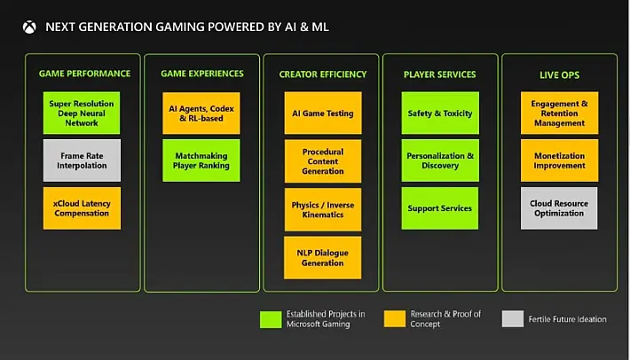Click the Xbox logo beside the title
click(29, 27)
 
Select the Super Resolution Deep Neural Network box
click(82, 113)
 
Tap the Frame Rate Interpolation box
click(82, 160)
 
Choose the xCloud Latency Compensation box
click(82, 208)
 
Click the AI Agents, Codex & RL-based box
click(201, 113)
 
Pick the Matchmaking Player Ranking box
click(201, 160)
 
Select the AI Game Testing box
click(323, 113)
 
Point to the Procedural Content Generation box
click(323, 161)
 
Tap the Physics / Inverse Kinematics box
click(323, 209)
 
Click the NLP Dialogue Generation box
click(323, 258)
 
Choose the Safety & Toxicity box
click(440, 113)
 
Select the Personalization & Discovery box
click(440, 160)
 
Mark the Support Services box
click(440, 208)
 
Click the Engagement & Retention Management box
click(559, 113)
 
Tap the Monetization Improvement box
click(559, 160)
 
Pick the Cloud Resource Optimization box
click(559, 208)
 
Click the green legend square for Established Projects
click(271, 319)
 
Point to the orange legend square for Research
click(395, 318)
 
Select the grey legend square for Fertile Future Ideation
click(513, 318)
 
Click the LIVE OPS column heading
click(559, 75)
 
